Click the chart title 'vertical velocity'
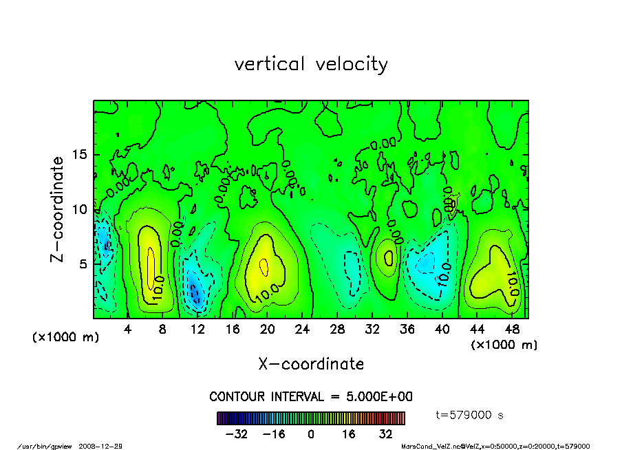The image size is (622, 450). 311,64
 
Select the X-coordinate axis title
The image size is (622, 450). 311,364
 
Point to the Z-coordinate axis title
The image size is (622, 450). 58,208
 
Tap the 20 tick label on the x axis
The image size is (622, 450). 268,329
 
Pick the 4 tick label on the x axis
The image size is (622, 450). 128,329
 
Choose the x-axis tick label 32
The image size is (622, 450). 372,329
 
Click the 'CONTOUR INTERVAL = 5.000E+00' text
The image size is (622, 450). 311,397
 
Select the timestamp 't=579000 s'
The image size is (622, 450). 470,415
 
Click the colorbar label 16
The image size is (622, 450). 349,434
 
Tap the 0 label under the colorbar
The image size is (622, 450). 311,434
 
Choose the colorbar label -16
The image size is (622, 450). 274,434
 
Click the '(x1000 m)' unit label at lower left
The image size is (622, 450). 63,338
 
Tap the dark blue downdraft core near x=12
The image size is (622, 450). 195,293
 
